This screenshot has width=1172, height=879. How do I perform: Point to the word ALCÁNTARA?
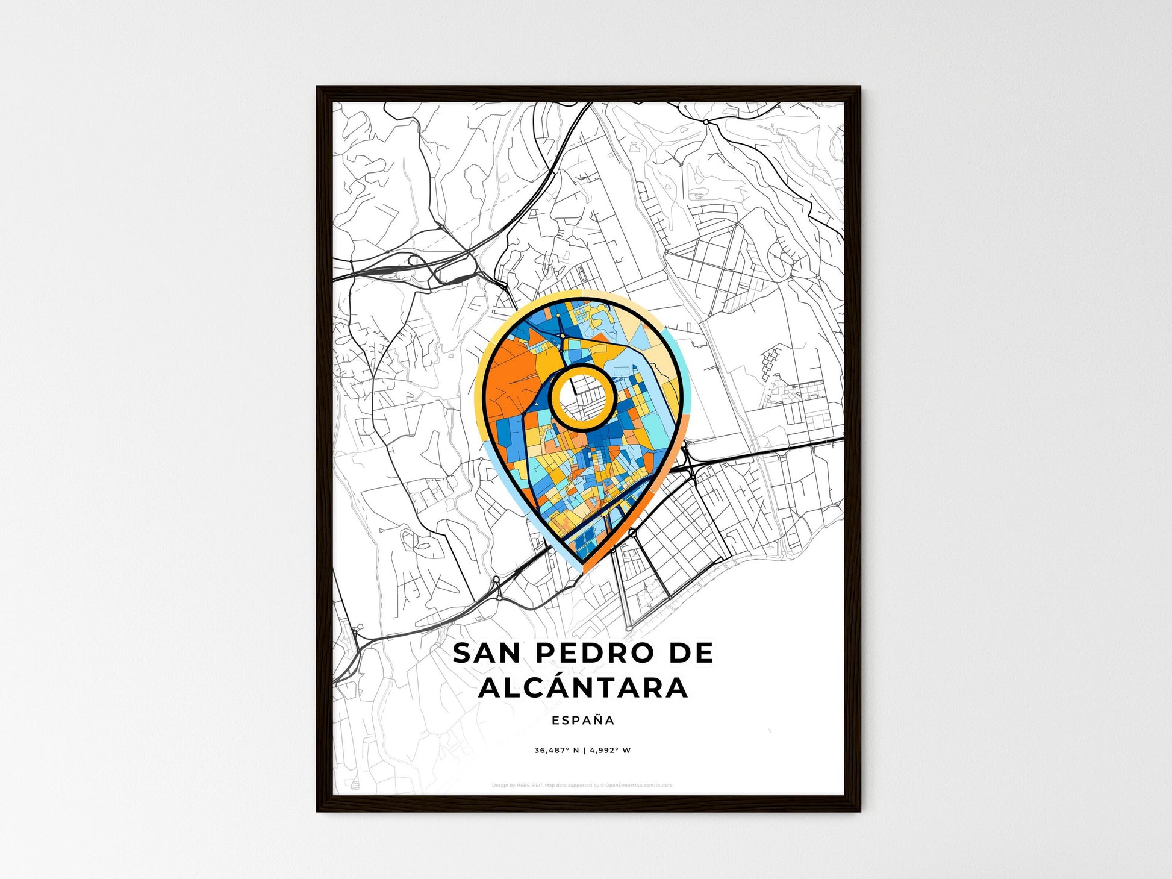(583, 687)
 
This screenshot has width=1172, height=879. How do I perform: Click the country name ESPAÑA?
(583, 721)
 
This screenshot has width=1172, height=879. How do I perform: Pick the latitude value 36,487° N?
(556, 751)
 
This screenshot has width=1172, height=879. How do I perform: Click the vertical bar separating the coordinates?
(584, 751)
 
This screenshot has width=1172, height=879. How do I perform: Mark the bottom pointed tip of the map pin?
(582, 569)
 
